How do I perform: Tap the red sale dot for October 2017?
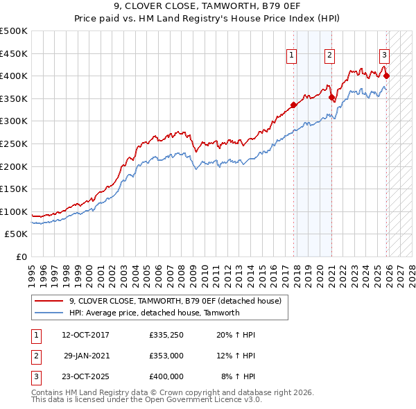tap(293, 105)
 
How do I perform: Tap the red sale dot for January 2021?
tap(331, 97)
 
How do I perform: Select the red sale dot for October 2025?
tap(386, 76)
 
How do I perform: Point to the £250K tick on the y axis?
tap(14, 143)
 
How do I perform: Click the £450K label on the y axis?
tap(14, 53)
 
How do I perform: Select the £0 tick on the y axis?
tap(22, 256)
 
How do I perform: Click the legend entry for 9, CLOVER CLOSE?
tap(175, 301)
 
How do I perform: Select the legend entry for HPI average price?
tap(154, 313)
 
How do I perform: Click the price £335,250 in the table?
tap(166, 335)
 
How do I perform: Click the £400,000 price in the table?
tap(166, 376)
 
